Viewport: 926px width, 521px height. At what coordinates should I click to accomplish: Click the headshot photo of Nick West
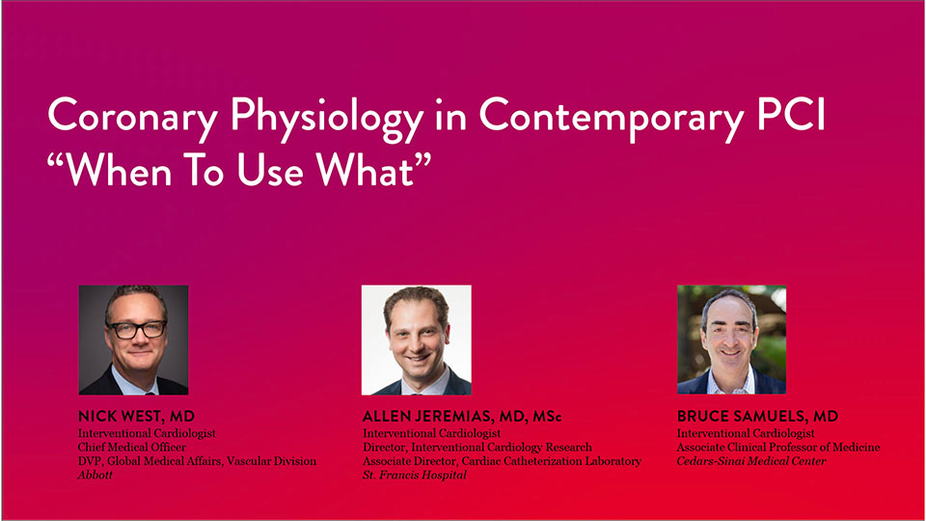(x=133, y=341)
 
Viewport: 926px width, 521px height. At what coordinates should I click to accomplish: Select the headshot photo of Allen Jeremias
(x=417, y=341)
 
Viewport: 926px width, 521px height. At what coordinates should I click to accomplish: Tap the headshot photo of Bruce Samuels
(x=732, y=340)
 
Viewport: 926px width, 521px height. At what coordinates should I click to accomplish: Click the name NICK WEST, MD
(x=136, y=417)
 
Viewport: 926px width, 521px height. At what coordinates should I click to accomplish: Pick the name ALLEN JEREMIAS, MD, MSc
(x=462, y=417)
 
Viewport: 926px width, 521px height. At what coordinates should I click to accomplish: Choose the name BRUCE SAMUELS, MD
(x=758, y=417)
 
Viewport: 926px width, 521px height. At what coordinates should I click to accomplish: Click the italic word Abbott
(x=95, y=475)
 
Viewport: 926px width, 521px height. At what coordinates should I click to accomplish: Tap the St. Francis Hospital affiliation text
(x=415, y=475)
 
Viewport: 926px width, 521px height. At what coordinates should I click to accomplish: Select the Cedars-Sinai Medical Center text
(x=751, y=461)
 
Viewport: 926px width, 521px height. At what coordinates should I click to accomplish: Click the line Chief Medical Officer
(x=132, y=447)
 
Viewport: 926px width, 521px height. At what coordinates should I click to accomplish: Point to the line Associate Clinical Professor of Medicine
(x=778, y=447)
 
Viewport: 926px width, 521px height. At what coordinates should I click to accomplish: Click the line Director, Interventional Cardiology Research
(x=477, y=447)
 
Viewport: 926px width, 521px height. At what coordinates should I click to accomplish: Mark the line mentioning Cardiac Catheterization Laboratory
(x=502, y=461)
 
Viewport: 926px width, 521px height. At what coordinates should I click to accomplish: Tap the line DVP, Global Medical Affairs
(x=197, y=461)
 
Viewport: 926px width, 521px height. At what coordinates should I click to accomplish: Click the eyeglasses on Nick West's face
(x=138, y=330)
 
